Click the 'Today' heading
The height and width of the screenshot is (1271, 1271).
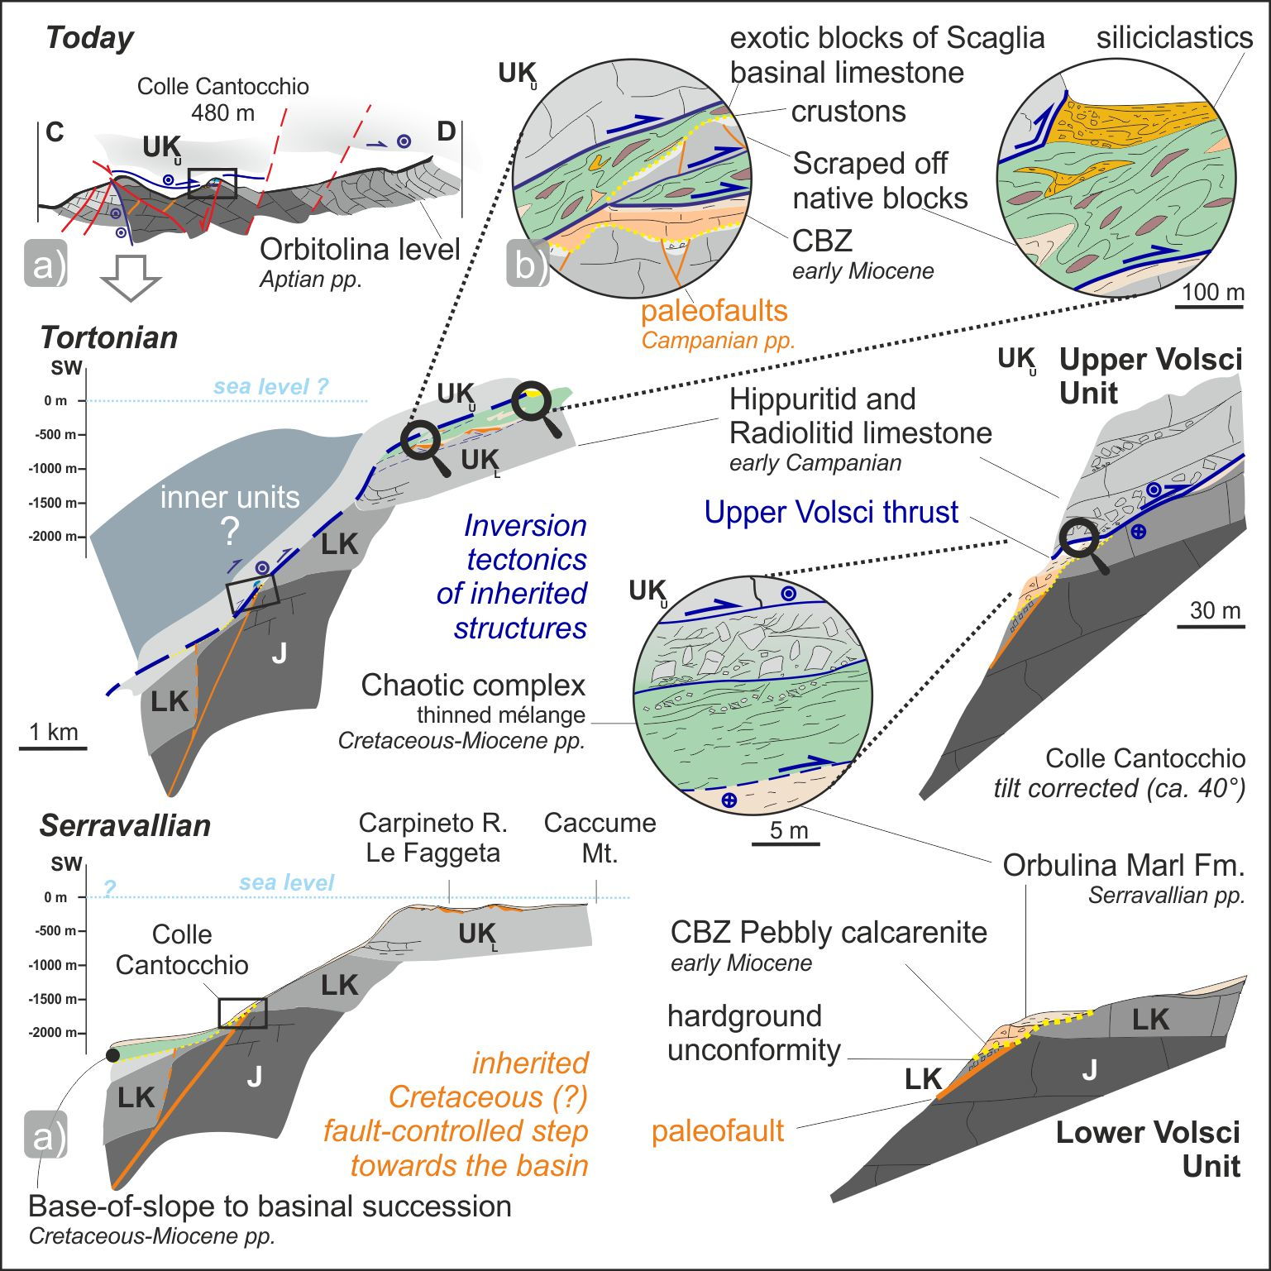point(89,38)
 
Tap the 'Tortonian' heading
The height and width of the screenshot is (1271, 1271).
point(108,337)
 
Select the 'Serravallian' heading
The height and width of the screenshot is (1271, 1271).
point(125,825)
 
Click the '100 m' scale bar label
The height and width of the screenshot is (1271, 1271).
point(1212,292)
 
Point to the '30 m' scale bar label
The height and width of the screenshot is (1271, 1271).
point(1215,610)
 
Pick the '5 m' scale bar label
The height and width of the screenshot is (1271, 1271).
point(788,830)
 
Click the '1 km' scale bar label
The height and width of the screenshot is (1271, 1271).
point(54,732)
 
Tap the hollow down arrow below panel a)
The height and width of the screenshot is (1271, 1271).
point(130,277)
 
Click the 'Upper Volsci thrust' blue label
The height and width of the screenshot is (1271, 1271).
point(831,512)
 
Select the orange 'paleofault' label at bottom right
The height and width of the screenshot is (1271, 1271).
point(717,1130)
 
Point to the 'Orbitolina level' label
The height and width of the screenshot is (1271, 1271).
point(360,249)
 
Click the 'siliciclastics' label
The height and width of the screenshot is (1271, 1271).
point(1174,38)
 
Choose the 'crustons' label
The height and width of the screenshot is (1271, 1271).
point(848,112)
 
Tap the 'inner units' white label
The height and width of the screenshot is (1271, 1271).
point(230,497)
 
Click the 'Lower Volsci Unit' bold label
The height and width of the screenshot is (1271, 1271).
point(1148,1149)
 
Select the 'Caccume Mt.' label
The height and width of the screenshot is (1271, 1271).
point(600,837)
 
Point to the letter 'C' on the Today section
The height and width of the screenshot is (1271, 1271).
point(55,131)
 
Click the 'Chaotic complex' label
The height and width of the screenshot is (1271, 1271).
point(473,685)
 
